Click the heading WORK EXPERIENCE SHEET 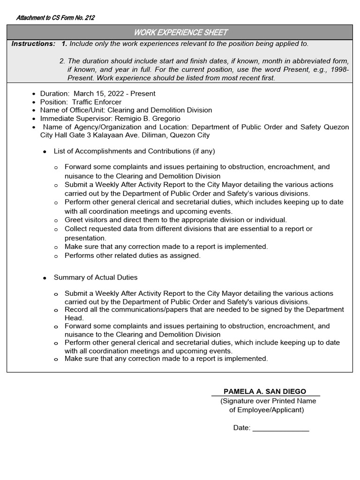point(180,32)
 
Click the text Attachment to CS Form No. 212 point(55,18)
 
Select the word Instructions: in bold point(33,44)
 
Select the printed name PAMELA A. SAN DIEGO point(265,391)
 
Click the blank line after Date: point(281,428)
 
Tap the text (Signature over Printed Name point(268,401)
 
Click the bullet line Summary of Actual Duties point(96,277)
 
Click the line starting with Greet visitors point(175,219)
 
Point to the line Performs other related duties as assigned point(132,255)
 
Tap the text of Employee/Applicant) point(266,410)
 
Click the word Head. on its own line point(74,318)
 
